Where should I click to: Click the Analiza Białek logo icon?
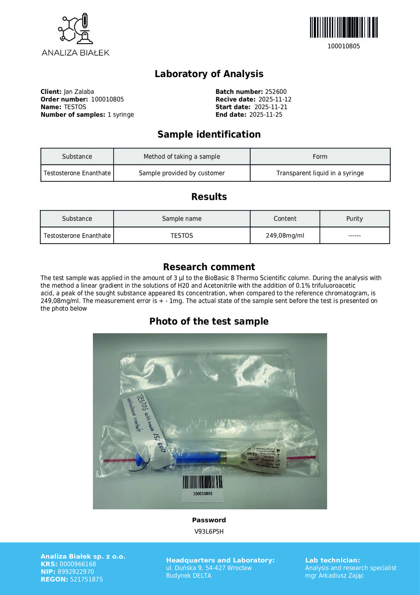pos(75,29)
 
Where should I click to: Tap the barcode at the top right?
pos(343,27)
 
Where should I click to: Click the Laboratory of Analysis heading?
pos(209,74)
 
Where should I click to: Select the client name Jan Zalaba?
pos(78,92)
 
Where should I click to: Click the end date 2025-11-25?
pos(265,115)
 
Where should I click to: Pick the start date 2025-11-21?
pos(271,107)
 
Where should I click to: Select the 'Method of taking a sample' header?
pos(181,157)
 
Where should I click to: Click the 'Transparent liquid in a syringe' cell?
pos(320,173)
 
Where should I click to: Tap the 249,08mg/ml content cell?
pos(284,236)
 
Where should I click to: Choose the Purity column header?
pos(354,218)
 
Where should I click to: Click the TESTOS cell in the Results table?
pos(181,236)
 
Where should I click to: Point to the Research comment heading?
pos(209,267)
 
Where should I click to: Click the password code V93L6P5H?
pos(209,531)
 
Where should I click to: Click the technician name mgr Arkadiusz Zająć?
pos(335,575)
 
